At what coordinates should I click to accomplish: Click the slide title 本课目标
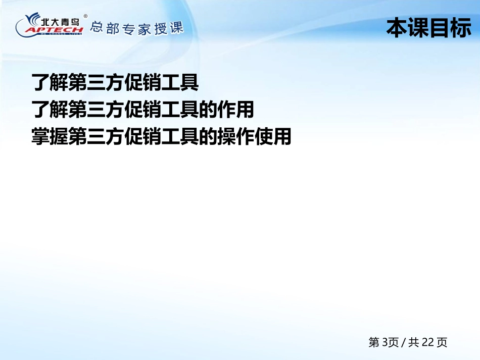428,28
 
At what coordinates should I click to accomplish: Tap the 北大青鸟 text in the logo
60,22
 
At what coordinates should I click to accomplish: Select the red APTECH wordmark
54,29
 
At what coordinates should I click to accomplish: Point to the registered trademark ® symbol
85,16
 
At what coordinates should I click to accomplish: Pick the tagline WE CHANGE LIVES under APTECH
60,34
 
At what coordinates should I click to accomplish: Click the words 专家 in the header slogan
136,29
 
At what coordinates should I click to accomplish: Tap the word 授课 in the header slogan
169,28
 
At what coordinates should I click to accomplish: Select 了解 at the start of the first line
50,82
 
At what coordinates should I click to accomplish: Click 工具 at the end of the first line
180,82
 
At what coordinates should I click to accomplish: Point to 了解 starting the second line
50,109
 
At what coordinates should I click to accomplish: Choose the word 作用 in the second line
235,109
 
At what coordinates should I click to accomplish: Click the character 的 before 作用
208,109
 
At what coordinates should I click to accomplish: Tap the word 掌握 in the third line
50,136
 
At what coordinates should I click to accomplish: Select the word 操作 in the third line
235,136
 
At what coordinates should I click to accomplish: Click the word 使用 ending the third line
273,136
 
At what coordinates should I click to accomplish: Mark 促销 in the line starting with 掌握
143,136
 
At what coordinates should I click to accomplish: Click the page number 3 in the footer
385,342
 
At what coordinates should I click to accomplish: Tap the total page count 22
427,342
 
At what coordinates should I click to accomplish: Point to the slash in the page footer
403,342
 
